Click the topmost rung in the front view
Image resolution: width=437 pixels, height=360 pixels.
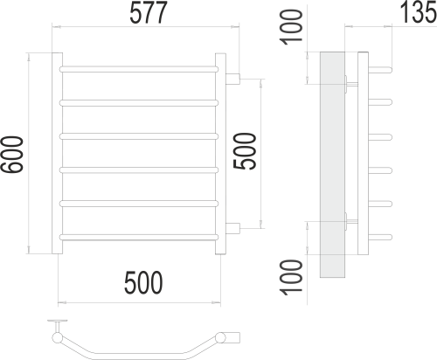click(x=138, y=67)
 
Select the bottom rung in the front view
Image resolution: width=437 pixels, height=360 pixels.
click(x=138, y=236)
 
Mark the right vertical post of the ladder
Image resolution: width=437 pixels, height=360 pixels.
click(x=221, y=155)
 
